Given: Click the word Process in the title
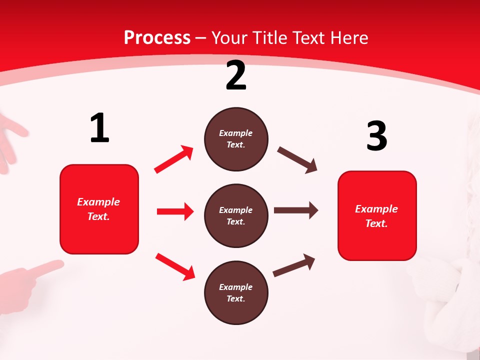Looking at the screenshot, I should click(x=157, y=37).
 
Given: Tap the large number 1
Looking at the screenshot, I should click(x=99, y=128).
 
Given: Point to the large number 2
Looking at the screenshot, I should click(x=236, y=76).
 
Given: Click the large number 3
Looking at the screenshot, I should click(x=376, y=136).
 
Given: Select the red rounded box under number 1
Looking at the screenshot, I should click(x=99, y=209).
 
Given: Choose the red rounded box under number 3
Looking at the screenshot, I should click(x=377, y=216).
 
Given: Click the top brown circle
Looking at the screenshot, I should click(x=236, y=139).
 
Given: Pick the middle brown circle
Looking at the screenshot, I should click(x=236, y=216).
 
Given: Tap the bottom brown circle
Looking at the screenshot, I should click(x=236, y=293).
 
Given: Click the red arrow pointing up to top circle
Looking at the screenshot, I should click(x=174, y=159).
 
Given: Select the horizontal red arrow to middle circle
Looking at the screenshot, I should click(x=175, y=211).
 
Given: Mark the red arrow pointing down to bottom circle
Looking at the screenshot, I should click(x=175, y=266).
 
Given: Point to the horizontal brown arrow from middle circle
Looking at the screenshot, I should click(x=296, y=210).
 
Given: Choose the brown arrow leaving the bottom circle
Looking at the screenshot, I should click(x=294, y=265).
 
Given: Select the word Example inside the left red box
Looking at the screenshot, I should click(x=98, y=202).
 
